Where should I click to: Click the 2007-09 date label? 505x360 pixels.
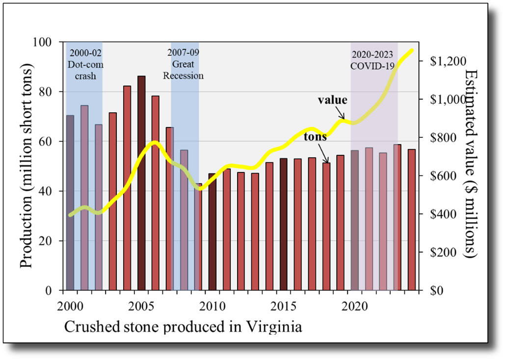pos(183,52)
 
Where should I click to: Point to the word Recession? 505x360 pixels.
pos(183,76)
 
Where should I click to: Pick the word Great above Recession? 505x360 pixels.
pos(183,64)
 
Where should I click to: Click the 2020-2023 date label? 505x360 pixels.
pos(373,54)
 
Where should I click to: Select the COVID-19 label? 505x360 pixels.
pos(372,66)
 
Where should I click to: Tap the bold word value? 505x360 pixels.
pos(332,100)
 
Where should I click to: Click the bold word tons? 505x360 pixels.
pos(315,137)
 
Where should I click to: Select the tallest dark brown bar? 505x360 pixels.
pos(141,182)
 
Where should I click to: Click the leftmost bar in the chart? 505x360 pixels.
pos(70,202)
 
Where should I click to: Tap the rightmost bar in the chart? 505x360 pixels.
pos(412,219)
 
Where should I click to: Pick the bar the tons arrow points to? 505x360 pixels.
pos(326,226)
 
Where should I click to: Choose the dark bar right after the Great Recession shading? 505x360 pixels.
pos(213,231)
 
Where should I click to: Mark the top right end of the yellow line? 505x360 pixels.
pos(412,50)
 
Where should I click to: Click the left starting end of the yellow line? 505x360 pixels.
pos(70,215)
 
